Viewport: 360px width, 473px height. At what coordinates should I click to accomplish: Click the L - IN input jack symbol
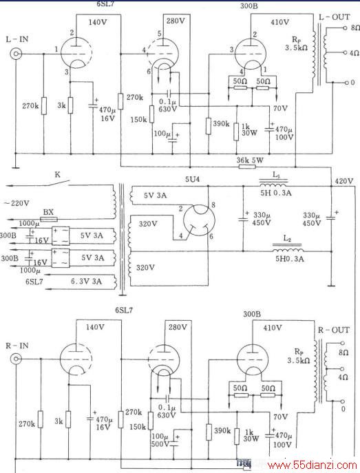(16, 54)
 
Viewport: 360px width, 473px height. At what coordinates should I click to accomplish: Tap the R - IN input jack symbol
(16, 359)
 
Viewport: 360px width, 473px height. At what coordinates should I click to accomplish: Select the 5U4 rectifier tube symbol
(199, 220)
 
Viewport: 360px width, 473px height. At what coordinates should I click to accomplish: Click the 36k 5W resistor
(247, 167)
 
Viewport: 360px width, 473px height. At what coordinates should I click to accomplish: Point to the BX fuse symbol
(49, 219)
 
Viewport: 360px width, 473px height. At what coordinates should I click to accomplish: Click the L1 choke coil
(273, 184)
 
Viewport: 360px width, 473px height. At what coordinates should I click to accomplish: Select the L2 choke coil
(288, 249)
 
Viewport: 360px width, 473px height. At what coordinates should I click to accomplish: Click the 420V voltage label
(343, 181)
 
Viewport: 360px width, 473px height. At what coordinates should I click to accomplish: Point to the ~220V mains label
(17, 203)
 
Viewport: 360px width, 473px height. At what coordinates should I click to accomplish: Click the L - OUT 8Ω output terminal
(345, 28)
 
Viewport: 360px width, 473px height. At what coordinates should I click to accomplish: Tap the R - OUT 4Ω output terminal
(342, 369)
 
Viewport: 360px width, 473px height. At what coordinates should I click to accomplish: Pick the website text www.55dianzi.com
(313, 465)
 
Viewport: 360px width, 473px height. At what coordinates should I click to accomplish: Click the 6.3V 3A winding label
(86, 282)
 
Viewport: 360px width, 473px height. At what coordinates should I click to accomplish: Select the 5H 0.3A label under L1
(276, 193)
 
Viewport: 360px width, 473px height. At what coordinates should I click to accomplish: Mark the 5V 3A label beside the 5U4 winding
(155, 196)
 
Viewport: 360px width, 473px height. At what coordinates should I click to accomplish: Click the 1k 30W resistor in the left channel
(236, 132)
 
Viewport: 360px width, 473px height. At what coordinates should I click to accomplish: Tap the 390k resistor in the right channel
(209, 432)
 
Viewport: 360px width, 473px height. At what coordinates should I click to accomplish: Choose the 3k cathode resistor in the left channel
(70, 105)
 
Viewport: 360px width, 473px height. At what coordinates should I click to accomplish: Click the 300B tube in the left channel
(251, 53)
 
